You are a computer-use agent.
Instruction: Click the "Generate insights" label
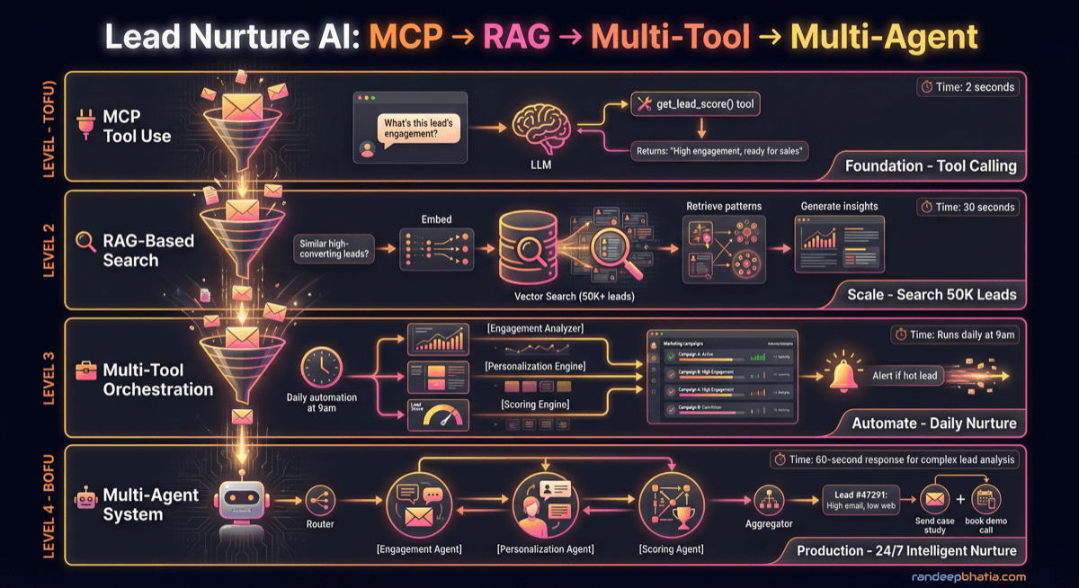click(x=839, y=206)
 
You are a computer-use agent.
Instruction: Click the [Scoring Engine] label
click(x=534, y=405)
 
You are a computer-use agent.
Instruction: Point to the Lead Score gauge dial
click(x=438, y=414)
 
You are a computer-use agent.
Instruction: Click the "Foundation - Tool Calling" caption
click(x=931, y=166)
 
